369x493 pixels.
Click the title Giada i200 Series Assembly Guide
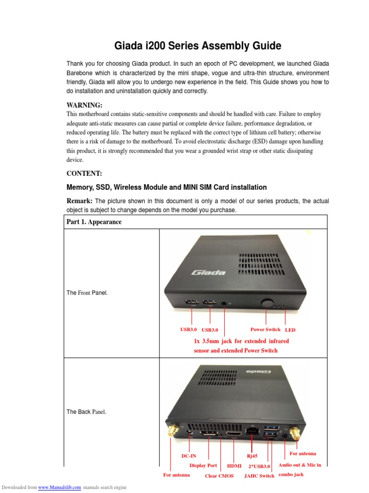pyautogui.click(x=197, y=46)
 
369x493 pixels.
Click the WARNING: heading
pyautogui.click(x=84, y=105)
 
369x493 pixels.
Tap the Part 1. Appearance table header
pyautogui.click(x=94, y=222)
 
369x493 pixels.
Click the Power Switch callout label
pyautogui.click(x=265, y=330)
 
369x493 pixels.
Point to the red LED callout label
pyautogui.click(x=290, y=330)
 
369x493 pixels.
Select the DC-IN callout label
pyautogui.click(x=188, y=456)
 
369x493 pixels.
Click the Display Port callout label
pyautogui.click(x=203, y=466)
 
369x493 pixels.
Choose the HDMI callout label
pyautogui.click(x=234, y=466)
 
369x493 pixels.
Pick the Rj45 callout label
pyautogui.click(x=252, y=455)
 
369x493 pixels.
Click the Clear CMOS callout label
pyautogui.click(x=219, y=476)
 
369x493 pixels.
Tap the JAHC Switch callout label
pyautogui.click(x=259, y=476)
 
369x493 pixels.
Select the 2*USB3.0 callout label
pyautogui.click(x=259, y=466)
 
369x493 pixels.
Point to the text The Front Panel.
pyautogui.click(x=87, y=293)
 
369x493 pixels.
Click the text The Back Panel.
pyautogui.click(x=86, y=412)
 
